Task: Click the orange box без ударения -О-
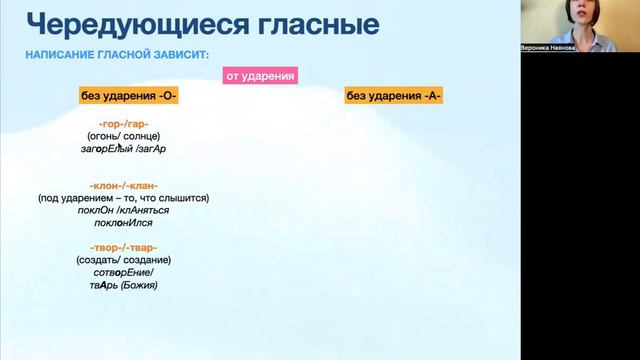[129, 96]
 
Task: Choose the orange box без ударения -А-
[394, 96]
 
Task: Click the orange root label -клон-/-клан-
[124, 186]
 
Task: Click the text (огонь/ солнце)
[124, 136]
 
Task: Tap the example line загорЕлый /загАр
[124, 148]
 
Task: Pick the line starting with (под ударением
[124, 198]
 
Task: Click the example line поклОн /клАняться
[124, 211]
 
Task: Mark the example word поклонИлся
[124, 223]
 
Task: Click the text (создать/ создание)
[124, 260]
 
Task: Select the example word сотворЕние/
[124, 272]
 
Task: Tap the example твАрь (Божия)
[124, 285]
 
